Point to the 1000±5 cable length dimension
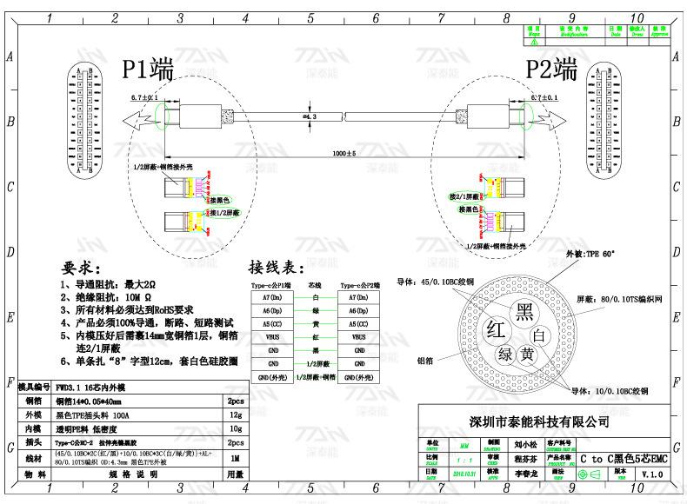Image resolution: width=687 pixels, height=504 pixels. coord(343,154)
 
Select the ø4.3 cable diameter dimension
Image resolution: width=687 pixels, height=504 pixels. coord(309,115)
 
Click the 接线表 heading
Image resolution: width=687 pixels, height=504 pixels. coord(277,266)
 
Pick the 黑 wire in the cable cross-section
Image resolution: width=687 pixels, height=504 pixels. coord(524,310)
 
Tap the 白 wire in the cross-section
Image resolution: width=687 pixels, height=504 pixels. coord(539,335)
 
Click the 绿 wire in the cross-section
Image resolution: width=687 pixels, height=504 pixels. coord(505,355)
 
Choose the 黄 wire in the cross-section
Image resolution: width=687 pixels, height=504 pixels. coord(526,354)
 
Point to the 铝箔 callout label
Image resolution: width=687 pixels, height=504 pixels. coord(427,359)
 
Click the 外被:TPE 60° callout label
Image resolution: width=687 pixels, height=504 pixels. coord(590,255)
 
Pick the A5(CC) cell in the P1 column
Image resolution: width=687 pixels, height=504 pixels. coord(272,322)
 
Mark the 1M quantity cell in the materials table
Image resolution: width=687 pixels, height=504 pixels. coord(234,457)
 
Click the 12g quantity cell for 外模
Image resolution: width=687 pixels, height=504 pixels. coord(234,415)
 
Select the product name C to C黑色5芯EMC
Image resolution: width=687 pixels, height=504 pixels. coord(624,458)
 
